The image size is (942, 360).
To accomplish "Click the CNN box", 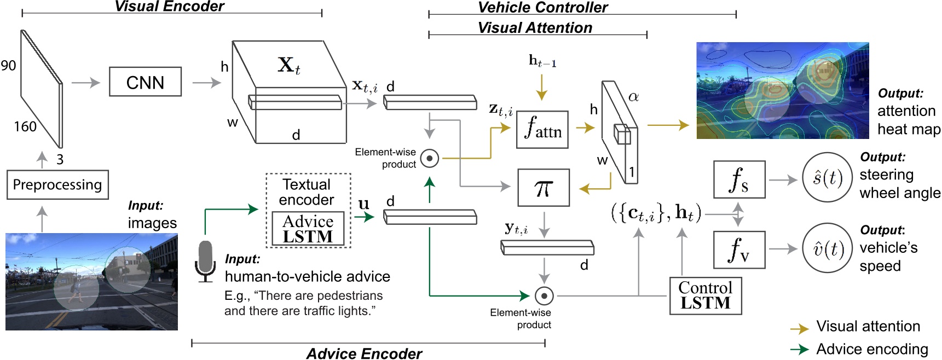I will [145, 82].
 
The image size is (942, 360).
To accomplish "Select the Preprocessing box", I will [57, 185].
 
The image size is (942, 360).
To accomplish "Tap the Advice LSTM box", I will [308, 229].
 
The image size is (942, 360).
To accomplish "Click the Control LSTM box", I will [706, 295].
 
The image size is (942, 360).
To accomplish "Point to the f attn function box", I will [542, 130].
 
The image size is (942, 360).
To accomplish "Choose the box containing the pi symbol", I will [544, 188].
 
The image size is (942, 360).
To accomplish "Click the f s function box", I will [739, 179].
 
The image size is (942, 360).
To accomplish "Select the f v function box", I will [739, 249].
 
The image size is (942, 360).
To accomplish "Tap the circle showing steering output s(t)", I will [827, 178].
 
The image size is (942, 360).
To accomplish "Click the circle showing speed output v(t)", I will [827, 249].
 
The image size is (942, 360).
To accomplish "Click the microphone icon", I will [205, 262].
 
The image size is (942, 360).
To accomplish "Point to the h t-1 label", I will [542, 61].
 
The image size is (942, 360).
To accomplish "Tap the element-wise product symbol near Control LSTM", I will [544, 296].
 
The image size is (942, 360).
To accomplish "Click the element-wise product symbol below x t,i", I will [430, 159].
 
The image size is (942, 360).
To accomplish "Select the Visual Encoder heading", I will [169, 7].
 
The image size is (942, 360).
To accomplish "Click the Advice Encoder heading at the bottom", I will [364, 353].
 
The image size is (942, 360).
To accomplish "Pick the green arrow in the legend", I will [800, 350].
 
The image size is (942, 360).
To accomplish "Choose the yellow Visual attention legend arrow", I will [800, 329].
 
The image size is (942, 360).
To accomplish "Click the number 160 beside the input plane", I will [25, 127].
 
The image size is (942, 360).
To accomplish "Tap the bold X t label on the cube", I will [288, 65].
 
